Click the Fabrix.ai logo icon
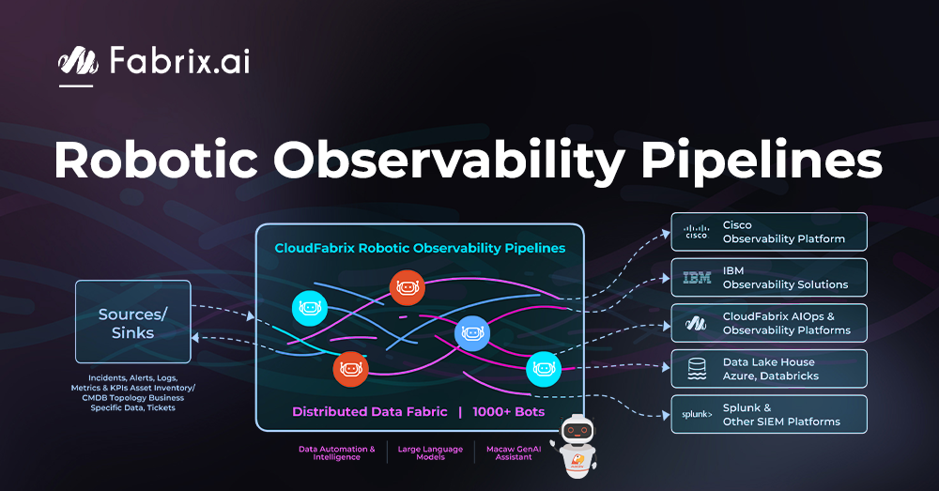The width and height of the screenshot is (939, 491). [x=78, y=62]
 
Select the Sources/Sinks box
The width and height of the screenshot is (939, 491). [x=132, y=322]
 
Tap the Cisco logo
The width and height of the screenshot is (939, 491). [x=696, y=232]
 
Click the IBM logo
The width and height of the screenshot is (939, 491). [x=696, y=278]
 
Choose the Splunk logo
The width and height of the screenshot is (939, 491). [x=696, y=414]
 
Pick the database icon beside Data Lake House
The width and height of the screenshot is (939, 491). [x=696, y=369]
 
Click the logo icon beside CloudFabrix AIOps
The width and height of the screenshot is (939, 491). [x=696, y=323]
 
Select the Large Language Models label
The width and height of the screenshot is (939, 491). [x=430, y=453]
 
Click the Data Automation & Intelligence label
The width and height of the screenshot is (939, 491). [x=337, y=453]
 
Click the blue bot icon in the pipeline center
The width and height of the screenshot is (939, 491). [x=471, y=332]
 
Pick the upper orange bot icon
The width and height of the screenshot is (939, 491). [x=407, y=287]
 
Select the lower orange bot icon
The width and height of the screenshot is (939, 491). [x=350, y=368]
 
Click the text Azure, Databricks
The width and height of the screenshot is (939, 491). [x=770, y=376]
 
